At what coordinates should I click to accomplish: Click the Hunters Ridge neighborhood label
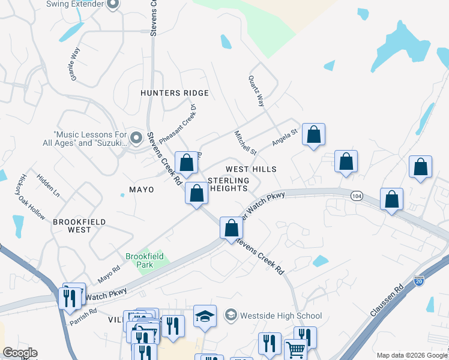coord(174,93)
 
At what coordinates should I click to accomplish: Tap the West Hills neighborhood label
coord(251,170)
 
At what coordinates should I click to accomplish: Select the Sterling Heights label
coord(228,184)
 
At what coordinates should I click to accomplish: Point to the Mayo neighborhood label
coord(142,190)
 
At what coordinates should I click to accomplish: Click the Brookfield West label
coord(79,226)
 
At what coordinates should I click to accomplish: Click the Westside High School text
coord(281,316)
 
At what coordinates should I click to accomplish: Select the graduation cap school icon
coord(205,316)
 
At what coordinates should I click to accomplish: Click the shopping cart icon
coord(295,350)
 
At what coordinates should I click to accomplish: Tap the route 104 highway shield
coord(357,196)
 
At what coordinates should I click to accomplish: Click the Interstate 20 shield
coord(418,280)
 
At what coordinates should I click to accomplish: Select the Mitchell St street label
coord(246,143)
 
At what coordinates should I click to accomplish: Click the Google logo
coord(19,353)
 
